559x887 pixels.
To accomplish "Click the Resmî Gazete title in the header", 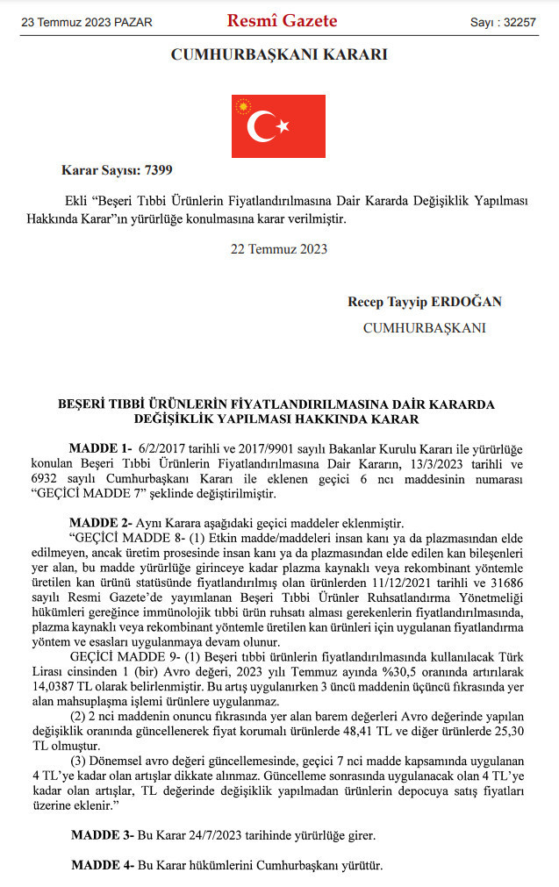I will [282, 21].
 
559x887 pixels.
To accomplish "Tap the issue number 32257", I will [519, 21].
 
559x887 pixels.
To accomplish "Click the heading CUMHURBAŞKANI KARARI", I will [278, 55].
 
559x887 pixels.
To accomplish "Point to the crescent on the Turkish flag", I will [261, 127].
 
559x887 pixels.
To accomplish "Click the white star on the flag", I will [283, 127].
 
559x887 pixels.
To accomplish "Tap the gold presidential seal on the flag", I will [243, 106].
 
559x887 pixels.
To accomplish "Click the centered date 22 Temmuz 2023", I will [278, 249].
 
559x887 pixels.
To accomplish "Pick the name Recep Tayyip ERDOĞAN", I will [425, 302].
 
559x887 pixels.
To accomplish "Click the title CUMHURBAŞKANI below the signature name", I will [424, 328].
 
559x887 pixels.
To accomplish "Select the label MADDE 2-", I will [100, 521].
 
